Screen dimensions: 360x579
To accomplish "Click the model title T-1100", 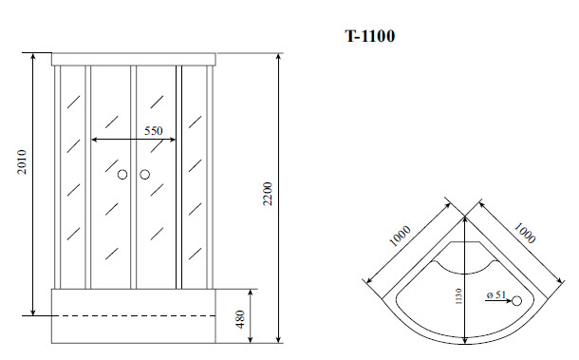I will (x=369, y=37).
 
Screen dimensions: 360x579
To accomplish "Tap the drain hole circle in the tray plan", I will (x=516, y=302).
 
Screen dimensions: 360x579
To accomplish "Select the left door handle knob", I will (x=122, y=175).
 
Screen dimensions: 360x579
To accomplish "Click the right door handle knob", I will (x=145, y=175).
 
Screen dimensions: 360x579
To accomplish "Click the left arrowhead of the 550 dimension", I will (x=94, y=140).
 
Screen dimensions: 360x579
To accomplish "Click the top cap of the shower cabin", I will (x=133, y=59).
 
